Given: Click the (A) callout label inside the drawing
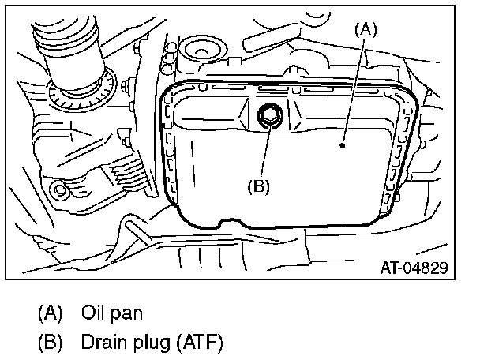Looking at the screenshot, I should pos(365,30).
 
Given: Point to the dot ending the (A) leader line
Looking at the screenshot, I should pos(341,145).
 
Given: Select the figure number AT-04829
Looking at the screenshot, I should pos(414,268).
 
